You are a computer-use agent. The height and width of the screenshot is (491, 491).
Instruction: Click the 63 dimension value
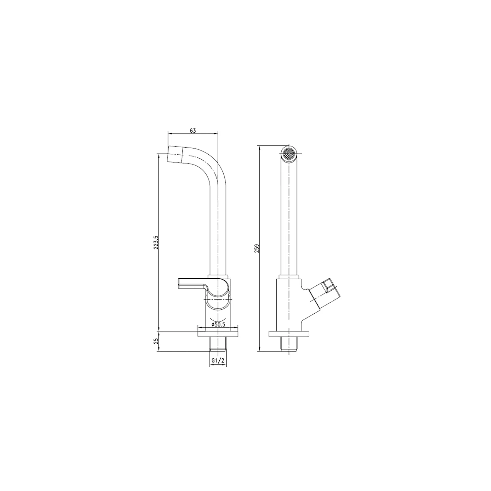(x=192, y=130)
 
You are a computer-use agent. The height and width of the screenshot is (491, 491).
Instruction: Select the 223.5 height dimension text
(x=156, y=242)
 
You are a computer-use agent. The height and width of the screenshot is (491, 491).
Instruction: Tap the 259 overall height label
(x=257, y=248)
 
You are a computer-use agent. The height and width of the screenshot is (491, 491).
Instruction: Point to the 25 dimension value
(x=156, y=341)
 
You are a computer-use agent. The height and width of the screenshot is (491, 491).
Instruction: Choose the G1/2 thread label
(x=218, y=361)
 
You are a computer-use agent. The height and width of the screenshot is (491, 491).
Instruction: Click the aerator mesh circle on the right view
(x=289, y=153)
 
